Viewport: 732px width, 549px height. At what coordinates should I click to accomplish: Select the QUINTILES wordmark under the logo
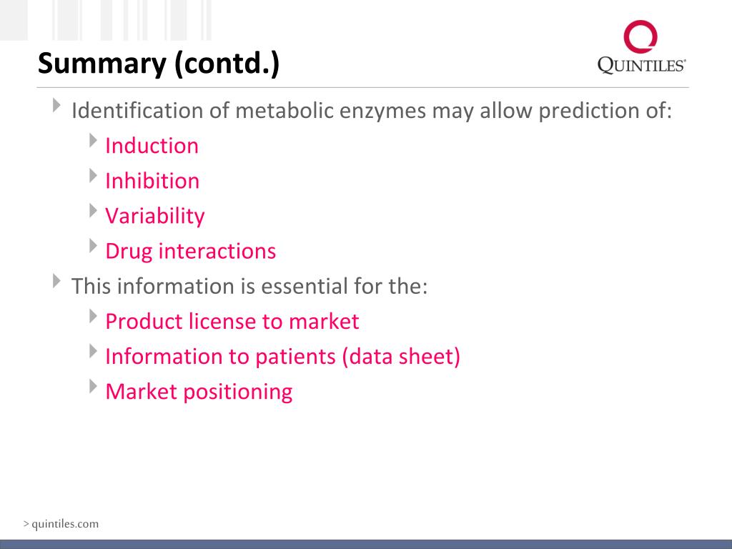(641, 66)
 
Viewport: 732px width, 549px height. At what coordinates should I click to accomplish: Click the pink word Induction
(152, 146)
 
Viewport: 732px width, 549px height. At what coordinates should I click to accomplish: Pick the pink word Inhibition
(152, 181)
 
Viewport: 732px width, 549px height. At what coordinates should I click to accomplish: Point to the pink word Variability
(154, 216)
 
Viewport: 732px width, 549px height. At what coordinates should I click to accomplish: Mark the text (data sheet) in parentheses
(401, 356)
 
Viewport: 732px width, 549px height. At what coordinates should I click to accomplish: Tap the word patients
(295, 356)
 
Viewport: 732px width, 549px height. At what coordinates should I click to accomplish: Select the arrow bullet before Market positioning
(94, 387)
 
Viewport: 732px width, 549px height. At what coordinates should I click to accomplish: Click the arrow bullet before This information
(58, 281)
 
